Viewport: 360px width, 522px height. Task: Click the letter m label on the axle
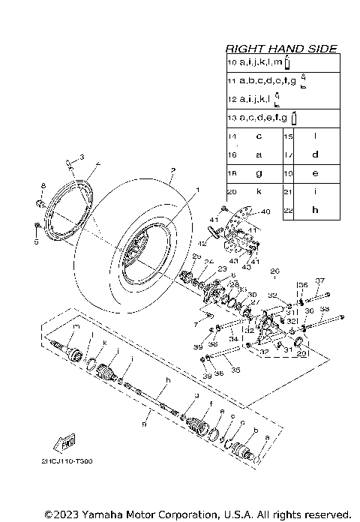coord(76,328)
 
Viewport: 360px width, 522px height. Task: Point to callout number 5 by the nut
coord(34,242)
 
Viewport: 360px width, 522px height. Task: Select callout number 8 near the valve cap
coord(43,185)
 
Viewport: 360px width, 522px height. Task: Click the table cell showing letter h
coord(315,210)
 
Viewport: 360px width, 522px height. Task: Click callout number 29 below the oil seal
coord(302,354)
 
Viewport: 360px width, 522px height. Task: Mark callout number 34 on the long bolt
coord(234,339)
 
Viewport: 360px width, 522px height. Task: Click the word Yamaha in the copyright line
coord(94,514)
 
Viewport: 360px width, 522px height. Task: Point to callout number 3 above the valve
coord(82,157)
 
